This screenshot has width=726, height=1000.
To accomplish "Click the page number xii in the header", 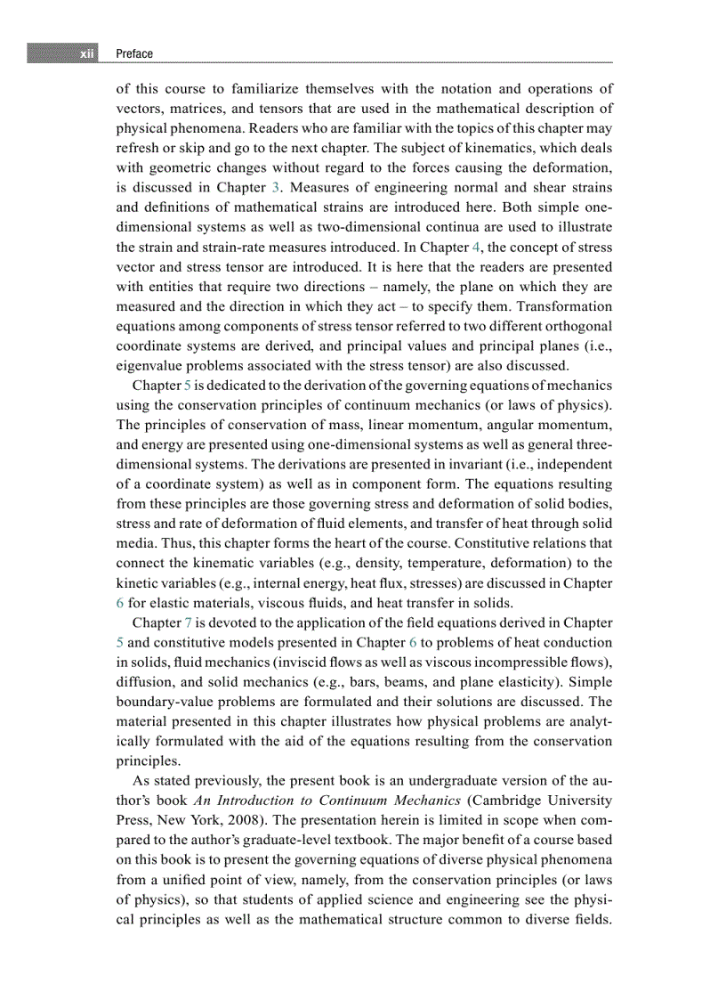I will pos(86,54).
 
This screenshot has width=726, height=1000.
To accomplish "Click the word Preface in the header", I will pos(134,54).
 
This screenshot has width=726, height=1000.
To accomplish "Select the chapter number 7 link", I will pos(188,622).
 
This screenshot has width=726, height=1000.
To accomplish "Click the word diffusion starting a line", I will pos(144,681).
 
